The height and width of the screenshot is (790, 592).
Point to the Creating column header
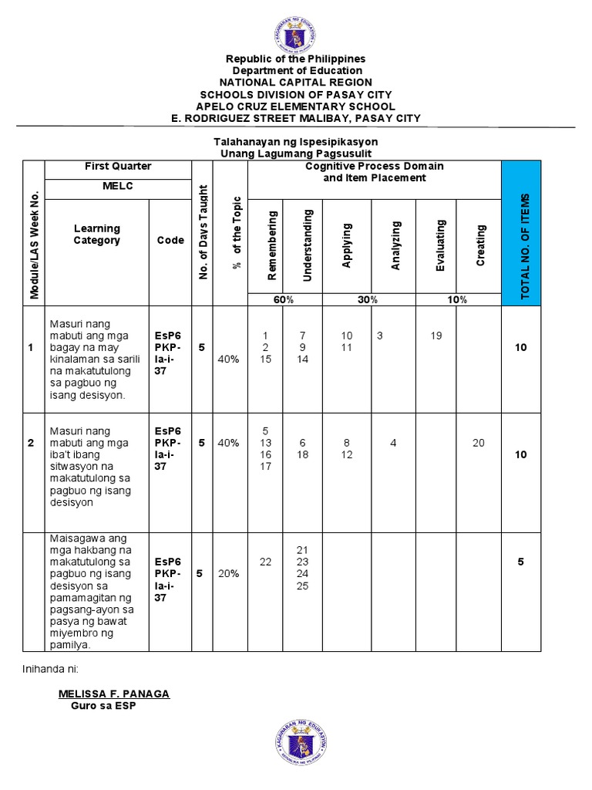480,245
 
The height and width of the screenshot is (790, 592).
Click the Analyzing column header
395,245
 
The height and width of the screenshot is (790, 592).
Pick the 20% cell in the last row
228,573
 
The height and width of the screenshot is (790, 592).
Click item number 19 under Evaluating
436,336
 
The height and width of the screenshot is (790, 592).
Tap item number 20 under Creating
479,443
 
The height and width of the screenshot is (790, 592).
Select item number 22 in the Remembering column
266,562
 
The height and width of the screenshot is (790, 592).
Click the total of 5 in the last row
521,562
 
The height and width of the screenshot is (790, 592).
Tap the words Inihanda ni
50,668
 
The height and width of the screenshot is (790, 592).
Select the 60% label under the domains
274,299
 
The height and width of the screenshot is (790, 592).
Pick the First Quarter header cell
118,167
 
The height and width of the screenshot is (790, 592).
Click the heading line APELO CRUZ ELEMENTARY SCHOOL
295,106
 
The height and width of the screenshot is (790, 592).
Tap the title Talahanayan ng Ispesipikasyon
295,143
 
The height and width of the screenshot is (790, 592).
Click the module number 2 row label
31,443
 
